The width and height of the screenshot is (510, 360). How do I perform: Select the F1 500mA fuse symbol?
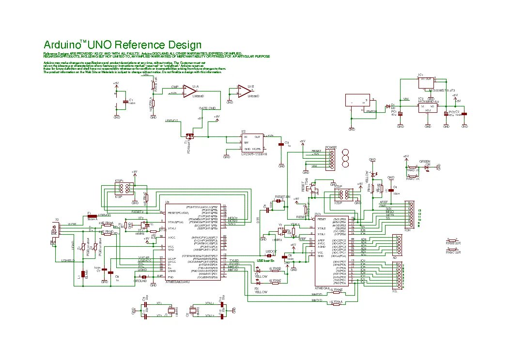point(91,216)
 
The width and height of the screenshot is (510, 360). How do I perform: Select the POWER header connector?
point(331,159)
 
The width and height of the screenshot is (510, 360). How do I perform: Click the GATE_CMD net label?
point(207,108)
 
